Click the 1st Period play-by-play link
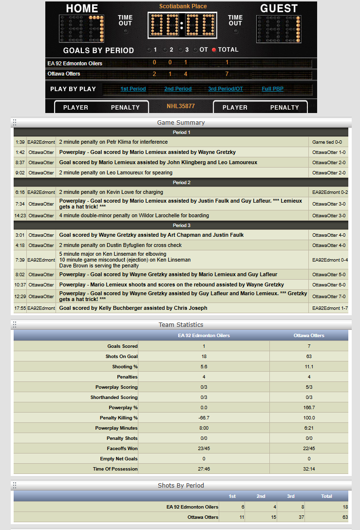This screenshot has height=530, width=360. click(x=133, y=89)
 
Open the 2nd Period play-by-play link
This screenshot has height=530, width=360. click(x=178, y=89)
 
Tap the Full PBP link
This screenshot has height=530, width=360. click(x=273, y=89)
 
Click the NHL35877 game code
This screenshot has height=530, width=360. click(x=181, y=106)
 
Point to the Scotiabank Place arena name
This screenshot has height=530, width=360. click(x=183, y=6)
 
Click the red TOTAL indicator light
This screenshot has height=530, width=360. click(x=213, y=50)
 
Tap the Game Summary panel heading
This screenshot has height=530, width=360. click(x=181, y=122)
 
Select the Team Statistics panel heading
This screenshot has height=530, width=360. click(x=181, y=324)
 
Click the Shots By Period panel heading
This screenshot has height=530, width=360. click(x=181, y=485)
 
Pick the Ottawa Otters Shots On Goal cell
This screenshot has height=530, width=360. click(x=309, y=356)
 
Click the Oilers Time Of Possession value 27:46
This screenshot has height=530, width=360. click(x=204, y=469)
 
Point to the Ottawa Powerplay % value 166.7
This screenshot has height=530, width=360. click(x=309, y=407)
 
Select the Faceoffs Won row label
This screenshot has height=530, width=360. click(x=122, y=448)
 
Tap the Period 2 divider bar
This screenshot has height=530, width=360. click(x=181, y=182)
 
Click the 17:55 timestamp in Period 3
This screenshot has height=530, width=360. click(x=20, y=308)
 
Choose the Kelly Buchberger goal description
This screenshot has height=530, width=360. click(x=133, y=308)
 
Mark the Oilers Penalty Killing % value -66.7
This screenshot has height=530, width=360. click(x=204, y=417)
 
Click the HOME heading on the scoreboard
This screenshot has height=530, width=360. click(x=82, y=8)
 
